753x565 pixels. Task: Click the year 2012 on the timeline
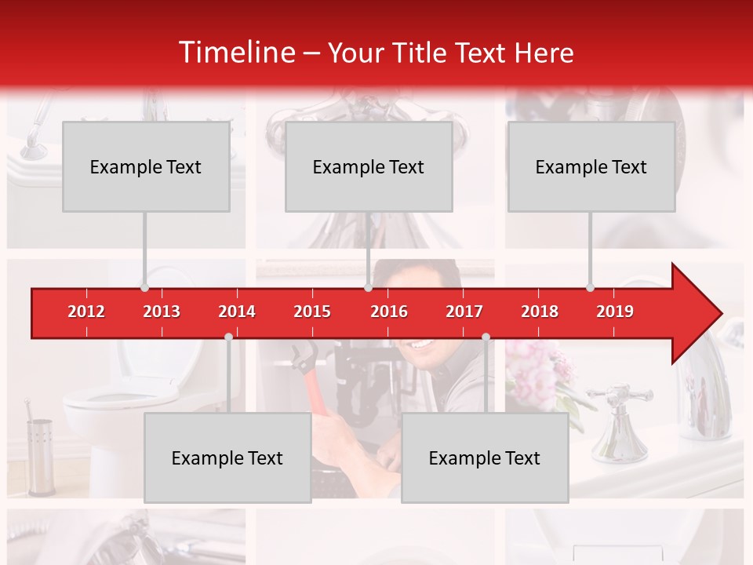coord(86,312)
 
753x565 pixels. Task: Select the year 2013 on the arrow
coord(162,312)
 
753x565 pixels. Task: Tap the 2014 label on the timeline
coord(237,312)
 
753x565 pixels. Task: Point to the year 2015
coord(312,312)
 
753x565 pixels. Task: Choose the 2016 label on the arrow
coord(389,312)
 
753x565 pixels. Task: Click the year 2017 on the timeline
coord(464,312)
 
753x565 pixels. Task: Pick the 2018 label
coord(540,312)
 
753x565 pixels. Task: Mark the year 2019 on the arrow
coord(615,312)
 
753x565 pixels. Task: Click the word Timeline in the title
coord(236,53)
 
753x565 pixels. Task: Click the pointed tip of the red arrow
coord(720,314)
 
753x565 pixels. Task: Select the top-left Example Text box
coord(146,166)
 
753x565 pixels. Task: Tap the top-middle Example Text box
coord(369,166)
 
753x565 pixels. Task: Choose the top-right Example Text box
coord(591,166)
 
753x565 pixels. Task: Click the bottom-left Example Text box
coord(227,457)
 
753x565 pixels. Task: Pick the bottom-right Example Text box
coord(485,457)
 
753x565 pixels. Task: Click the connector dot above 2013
coord(144,287)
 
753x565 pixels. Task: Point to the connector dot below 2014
coord(228,337)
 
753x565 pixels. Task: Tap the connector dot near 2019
coord(590,287)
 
